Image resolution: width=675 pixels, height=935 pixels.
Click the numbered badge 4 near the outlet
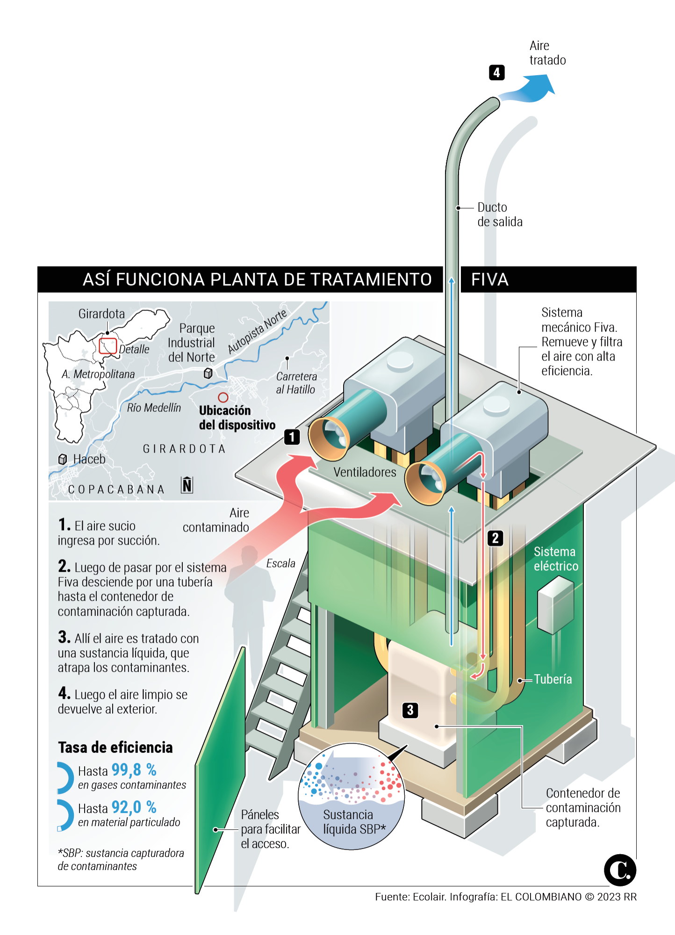pyautogui.click(x=496, y=72)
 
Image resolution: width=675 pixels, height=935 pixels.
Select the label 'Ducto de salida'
pyautogui.click(x=499, y=215)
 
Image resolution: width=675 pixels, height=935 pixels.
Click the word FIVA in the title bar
pyautogui.click(x=489, y=280)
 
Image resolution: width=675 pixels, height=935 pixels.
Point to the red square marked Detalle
pyautogui.click(x=108, y=346)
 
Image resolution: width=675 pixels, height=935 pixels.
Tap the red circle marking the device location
pyautogui.click(x=223, y=397)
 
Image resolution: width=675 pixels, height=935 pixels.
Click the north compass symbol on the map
pyautogui.click(x=187, y=485)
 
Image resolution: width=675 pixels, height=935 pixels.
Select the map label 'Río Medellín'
pyautogui.click(x=154, y=408)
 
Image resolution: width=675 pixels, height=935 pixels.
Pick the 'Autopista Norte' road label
pyautogui.click(x=257, y=331)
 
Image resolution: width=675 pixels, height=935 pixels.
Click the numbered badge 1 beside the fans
pyautogui.click(x=292, y=437)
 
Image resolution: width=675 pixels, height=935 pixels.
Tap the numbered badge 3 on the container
pyautogui.click(x=410, y=710)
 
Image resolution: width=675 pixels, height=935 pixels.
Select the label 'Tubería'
pyautogui.click(x=553, y=679)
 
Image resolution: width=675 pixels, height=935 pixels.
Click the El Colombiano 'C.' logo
pyautogui.click(x=620, y=870)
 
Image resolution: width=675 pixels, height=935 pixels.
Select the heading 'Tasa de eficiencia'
pyautogui.click(x=115, y=748)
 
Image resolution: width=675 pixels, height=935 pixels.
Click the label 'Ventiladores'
pyautogui.click(x=365, y=472)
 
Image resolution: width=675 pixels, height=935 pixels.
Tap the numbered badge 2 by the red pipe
pyautogui.click(x=495, y=538)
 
